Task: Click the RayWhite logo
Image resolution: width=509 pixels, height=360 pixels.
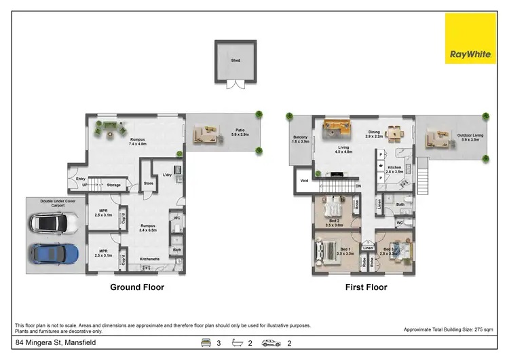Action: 470,38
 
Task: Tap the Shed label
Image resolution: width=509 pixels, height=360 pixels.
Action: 235,60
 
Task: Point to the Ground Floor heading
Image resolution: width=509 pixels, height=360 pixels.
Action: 137,287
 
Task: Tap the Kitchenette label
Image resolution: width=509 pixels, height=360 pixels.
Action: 149,259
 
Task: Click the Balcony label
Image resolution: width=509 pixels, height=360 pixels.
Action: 301,138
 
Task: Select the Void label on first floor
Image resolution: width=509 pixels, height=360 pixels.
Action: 303,181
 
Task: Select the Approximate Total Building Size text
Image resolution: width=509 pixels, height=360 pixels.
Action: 448,329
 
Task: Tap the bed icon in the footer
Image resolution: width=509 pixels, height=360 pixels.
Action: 204,344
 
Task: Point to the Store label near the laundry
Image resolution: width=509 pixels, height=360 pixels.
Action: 148,182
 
